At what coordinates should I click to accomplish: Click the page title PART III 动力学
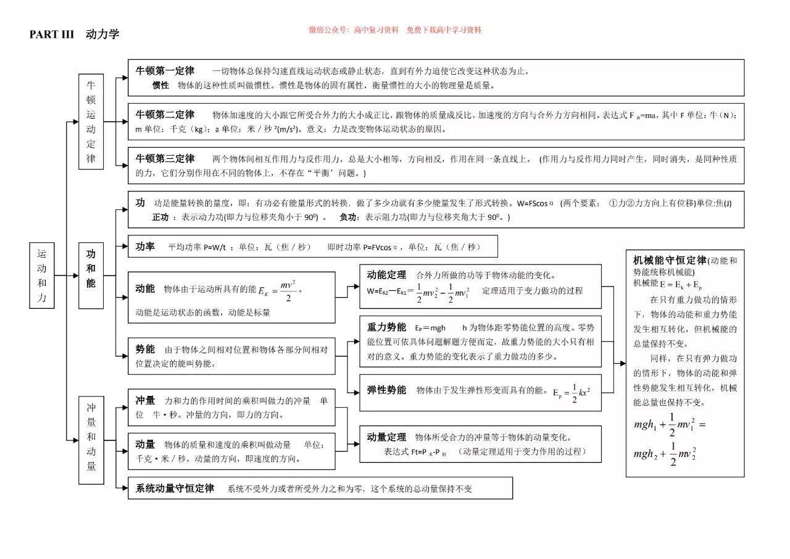pos(74,34)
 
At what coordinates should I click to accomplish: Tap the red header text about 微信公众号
pos(395,30)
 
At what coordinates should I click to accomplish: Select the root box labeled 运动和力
pos(42,275)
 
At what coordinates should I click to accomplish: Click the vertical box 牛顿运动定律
pos(91,122)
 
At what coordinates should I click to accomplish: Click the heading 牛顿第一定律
pos(165,70)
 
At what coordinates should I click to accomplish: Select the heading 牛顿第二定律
pos(165,114)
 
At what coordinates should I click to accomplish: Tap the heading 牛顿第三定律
pos(165,158)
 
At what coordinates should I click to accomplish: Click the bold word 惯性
pos(160,85)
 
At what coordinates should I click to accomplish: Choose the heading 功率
pos(145,246)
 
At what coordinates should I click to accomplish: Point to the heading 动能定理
pos(386,275)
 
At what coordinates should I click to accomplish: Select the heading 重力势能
pos(386,327)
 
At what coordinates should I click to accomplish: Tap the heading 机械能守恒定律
pos(670,259)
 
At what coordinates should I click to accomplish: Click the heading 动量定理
pos(386,437)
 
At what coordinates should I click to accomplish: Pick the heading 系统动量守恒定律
pos(175,488)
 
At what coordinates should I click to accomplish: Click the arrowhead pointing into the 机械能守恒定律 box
pos(623,363)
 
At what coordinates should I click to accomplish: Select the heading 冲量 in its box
pos(145,400)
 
